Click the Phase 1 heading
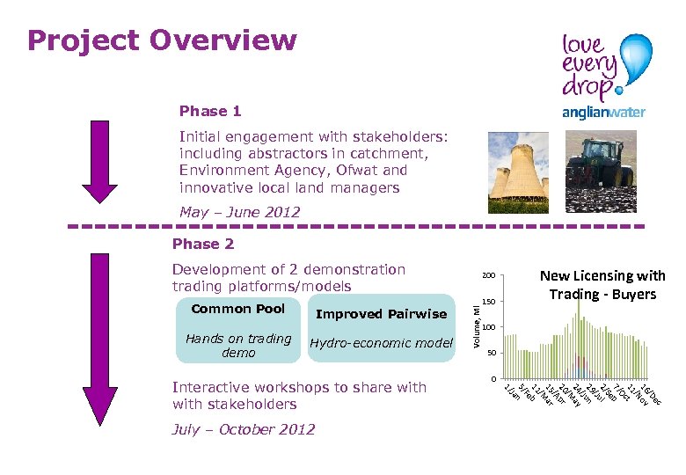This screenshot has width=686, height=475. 210,111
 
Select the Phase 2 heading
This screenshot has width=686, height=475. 203,244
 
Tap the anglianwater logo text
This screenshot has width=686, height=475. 603,112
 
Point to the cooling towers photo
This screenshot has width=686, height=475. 517,172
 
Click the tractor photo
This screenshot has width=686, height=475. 601,172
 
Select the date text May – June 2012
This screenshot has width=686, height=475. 239,212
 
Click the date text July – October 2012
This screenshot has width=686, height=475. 244,429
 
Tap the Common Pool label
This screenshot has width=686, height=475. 238,309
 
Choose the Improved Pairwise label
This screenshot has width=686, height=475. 381,314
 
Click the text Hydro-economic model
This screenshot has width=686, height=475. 381,344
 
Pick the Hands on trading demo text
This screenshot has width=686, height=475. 238,346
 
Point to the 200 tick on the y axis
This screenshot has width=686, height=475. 490,275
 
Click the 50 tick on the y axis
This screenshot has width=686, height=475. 492,353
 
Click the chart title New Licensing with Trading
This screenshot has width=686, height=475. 602,285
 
